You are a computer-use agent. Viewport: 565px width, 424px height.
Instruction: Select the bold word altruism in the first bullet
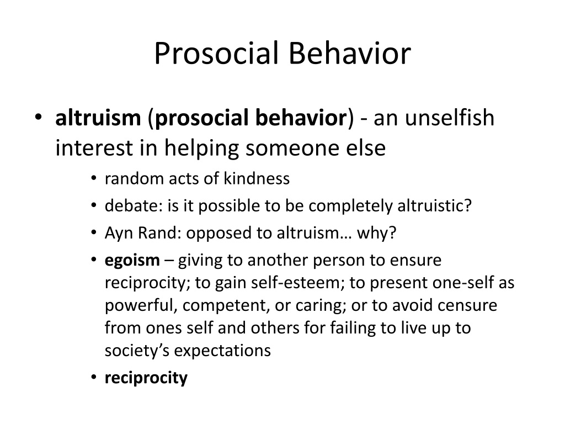coord(98,118)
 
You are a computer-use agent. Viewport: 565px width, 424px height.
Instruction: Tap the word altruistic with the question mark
coord(435,205)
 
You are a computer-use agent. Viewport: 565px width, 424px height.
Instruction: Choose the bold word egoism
coord(132,260)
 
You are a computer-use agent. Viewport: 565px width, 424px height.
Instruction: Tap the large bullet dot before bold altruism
coord(38,118)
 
